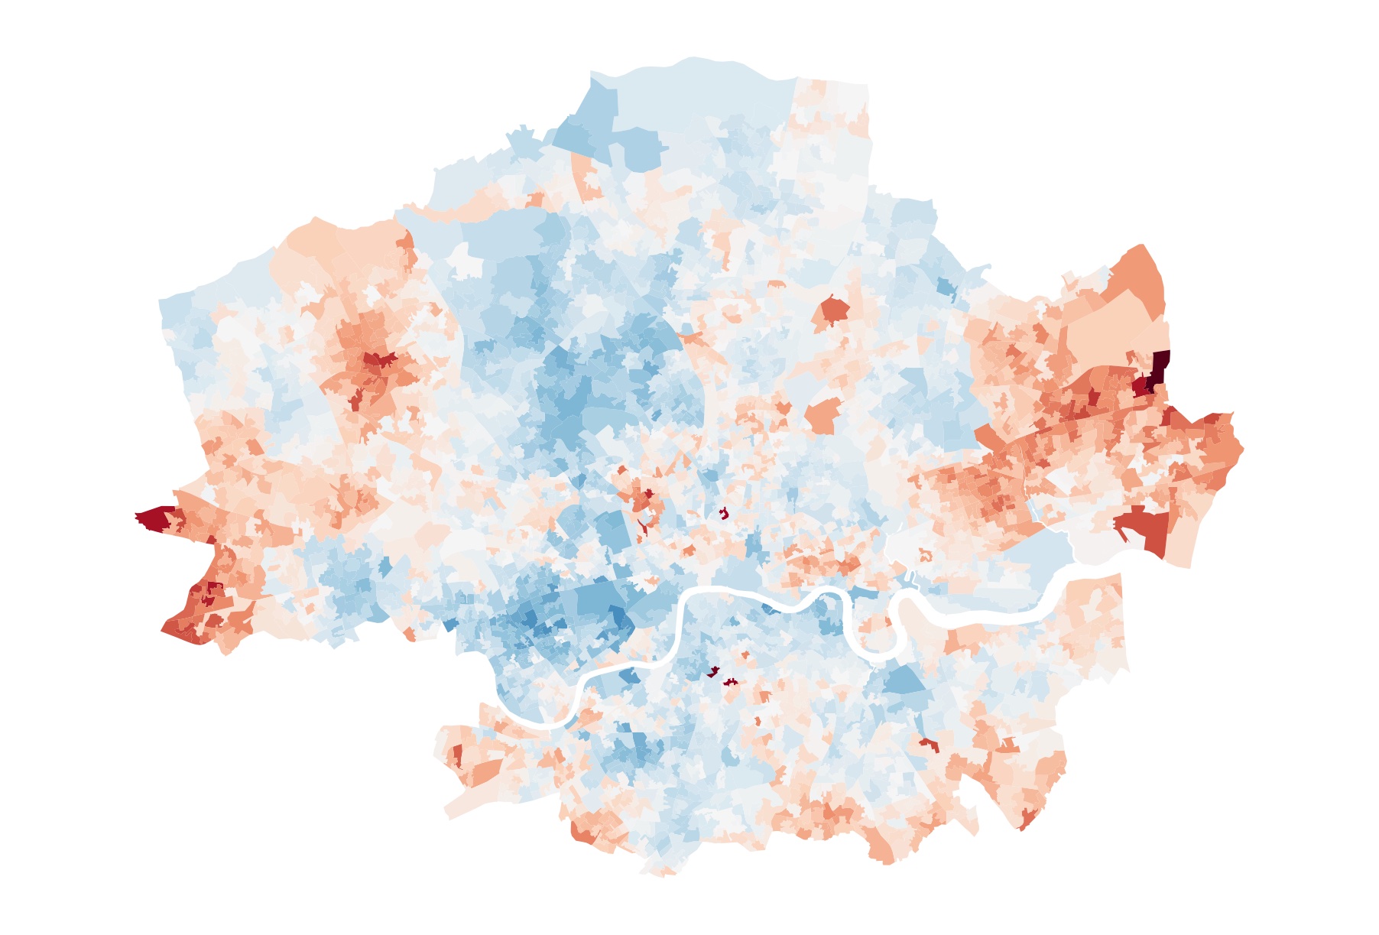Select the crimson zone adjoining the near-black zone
point(1142,386)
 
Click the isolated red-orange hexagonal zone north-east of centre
point(833,310)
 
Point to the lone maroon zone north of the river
point(722,513)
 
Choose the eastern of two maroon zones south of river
point(730,681)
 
